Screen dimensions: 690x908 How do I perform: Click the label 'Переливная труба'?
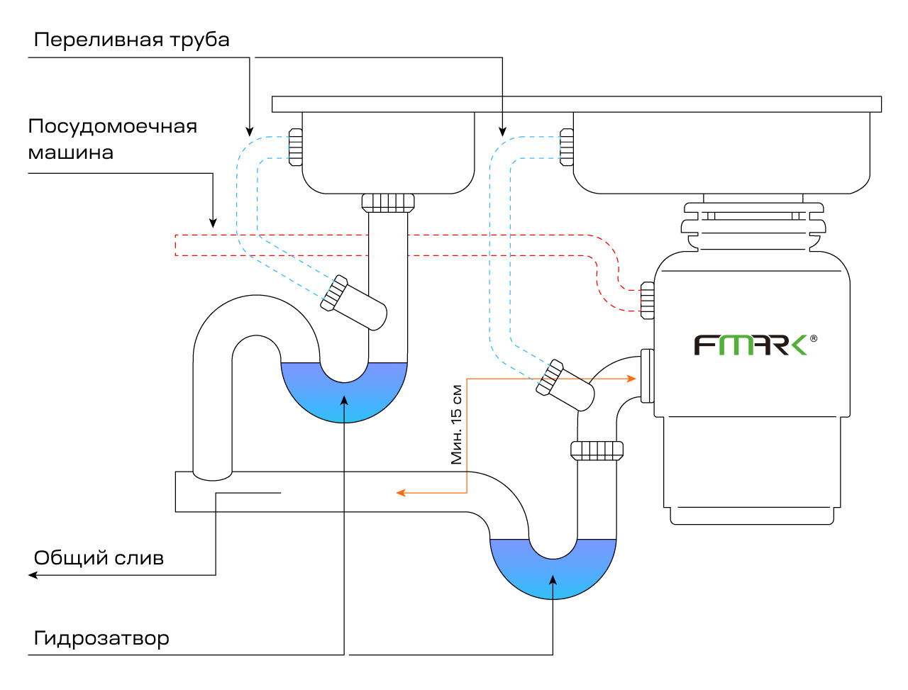131,40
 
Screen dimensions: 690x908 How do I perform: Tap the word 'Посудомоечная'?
112,127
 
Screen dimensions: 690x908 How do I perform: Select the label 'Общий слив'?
99,558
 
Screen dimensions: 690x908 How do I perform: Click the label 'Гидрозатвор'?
101,639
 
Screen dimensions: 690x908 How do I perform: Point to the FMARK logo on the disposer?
750,345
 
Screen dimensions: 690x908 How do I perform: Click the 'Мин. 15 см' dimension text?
457,424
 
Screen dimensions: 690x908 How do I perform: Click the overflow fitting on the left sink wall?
295,147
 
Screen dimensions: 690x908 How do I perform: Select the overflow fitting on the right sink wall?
566,147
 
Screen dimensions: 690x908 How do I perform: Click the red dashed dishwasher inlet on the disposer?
647,299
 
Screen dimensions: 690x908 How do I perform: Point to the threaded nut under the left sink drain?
388,202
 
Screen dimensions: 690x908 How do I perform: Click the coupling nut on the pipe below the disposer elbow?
597,450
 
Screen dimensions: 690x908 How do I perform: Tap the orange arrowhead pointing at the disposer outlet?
631,379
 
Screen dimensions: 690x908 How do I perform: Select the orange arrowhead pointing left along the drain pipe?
400,493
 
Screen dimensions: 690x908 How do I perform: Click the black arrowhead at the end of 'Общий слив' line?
33,575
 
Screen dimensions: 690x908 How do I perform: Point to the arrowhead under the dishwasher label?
213,223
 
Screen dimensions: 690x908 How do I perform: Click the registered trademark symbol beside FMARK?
813,338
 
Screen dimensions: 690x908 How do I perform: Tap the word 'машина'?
70,153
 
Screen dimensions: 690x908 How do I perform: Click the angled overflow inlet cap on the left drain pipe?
333,292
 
